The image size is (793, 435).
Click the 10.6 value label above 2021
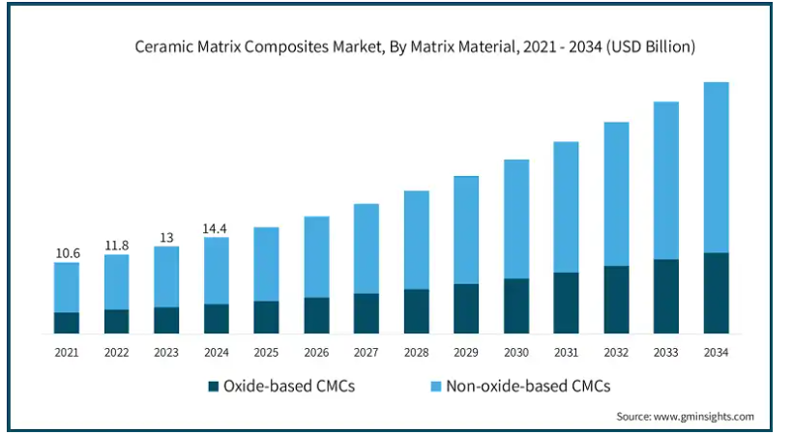coord(67,253)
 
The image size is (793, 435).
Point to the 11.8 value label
coord(116,246)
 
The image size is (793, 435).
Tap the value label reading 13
coord(166,237)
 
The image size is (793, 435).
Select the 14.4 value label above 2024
coord(217,228)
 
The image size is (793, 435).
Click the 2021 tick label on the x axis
coord(67,352)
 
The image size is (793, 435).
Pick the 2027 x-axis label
coord(366,352)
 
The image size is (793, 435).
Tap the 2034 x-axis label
coord(716,352)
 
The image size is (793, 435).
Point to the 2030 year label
coord(515,352)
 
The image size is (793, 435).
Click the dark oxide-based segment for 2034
coord(716,293)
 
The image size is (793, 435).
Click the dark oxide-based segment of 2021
coord(67,323)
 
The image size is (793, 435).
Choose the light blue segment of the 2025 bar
coord(266,264)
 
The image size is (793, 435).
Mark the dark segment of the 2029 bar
coord(466,308)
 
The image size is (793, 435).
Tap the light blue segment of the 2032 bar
coord(616,193)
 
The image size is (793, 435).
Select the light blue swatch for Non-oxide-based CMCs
coord(434,387)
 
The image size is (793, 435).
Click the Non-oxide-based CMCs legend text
coord(527,387)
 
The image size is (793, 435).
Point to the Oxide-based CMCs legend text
coord(289,387)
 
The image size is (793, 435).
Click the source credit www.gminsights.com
coord(685,417)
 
